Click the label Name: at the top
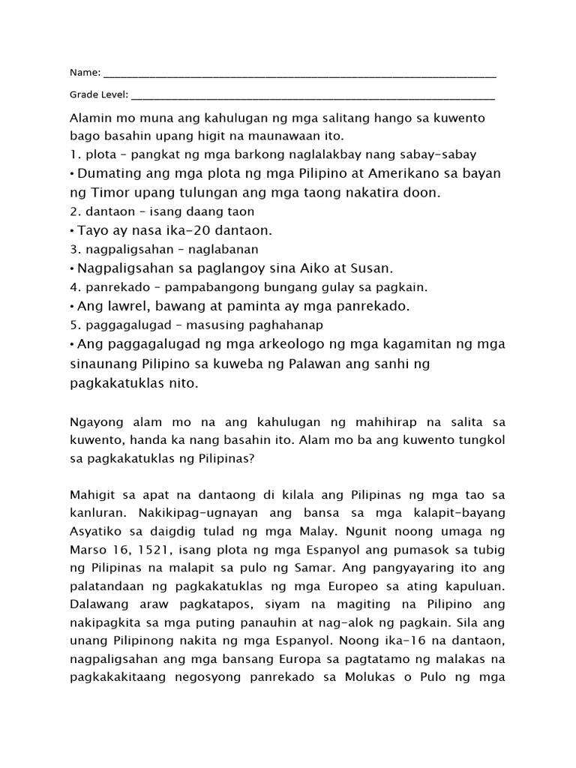tap(85, 73)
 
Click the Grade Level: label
tap(99, 95)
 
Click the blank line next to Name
tap(299, 75)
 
